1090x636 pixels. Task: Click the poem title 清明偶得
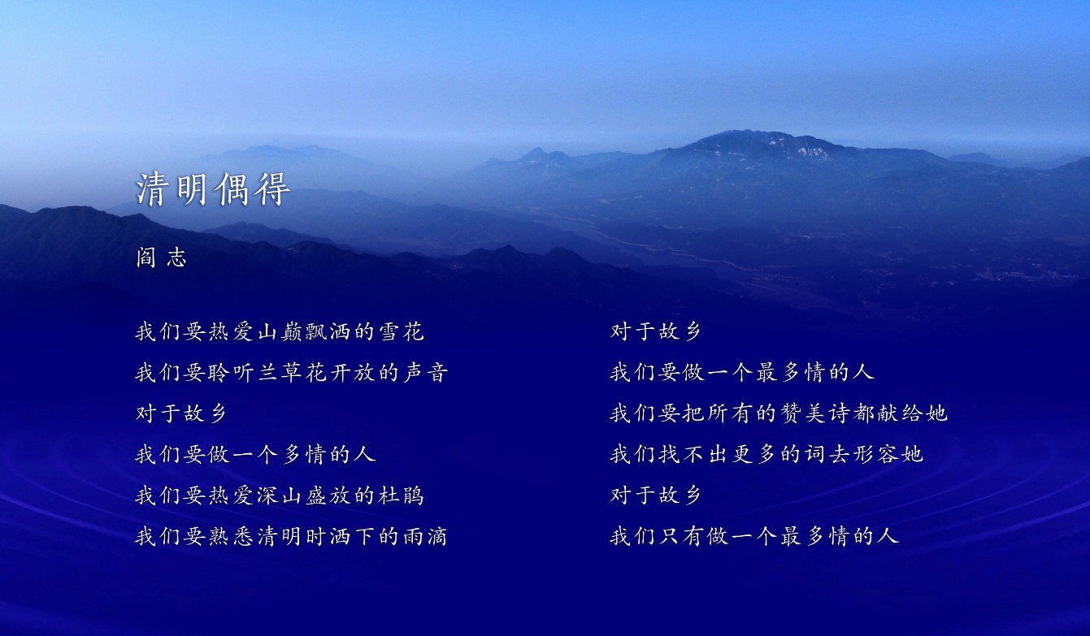pyautogui.click(x=213, y=189)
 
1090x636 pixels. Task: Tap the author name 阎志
pyautogui.click(x=161, y=257)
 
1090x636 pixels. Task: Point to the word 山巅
pyautogui.click(x=280, y=332)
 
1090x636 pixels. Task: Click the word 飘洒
pyautogui.click(x=328, y=332)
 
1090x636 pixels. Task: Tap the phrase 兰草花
pyautogui.click(x=292, y=373)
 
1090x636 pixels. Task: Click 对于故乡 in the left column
pyautogui.click(x=181, y=413)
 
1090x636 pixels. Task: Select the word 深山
pyautogui.click(x=280, y=495)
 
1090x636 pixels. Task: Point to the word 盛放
pyautogui.click(x=328, y=495)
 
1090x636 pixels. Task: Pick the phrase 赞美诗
pyautogui.click(x=815, y=413)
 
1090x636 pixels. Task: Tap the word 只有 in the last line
pyautogui.click(x=682, y=535)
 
